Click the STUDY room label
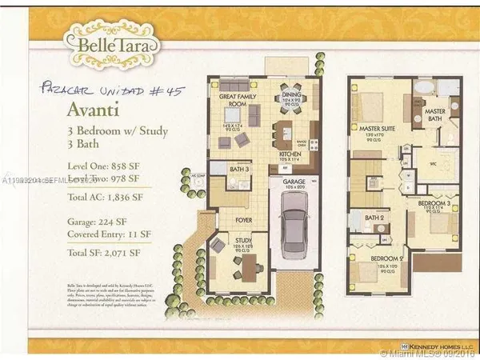click(243, 238)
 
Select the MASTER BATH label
click(435, 114)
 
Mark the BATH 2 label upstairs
click(373, 217)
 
